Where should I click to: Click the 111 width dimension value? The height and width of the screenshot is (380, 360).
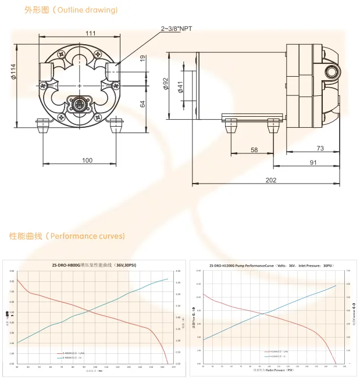(90, 33)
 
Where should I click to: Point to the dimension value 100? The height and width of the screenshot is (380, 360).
(87, 160)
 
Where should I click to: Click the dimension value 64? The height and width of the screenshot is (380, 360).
(142, 104)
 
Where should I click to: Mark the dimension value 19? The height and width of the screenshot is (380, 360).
(142, 58)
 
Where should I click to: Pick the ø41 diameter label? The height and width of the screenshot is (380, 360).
(180, 87)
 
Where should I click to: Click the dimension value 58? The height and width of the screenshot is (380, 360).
(254, 150)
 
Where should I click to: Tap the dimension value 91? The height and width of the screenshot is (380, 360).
(313, 163)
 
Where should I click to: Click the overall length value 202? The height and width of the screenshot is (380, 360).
(270, 180)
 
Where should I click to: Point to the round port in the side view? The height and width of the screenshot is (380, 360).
(333, 72)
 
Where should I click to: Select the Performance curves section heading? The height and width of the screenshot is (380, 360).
(67, 236)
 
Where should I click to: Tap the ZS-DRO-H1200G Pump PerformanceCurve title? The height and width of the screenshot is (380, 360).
(271, 265)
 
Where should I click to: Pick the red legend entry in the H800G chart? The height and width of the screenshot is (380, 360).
(74, 353)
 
